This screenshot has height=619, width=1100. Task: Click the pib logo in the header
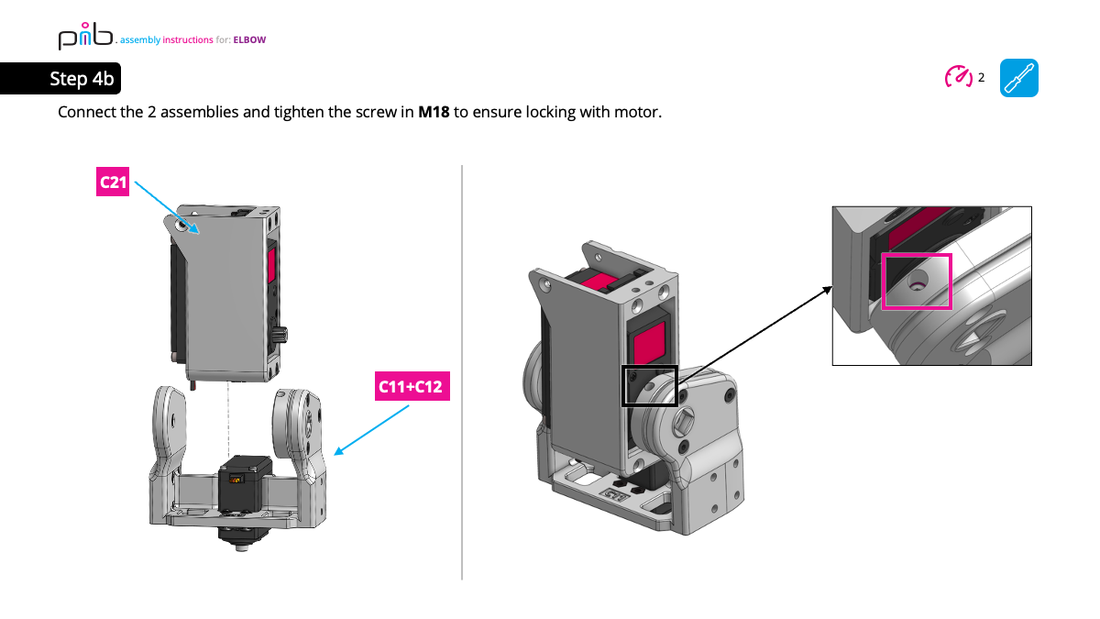(85, 38)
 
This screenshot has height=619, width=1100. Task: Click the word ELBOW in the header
(249, 40)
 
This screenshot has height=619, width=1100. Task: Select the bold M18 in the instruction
(434, 113)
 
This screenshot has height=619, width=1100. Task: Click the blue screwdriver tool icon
(1018, 78)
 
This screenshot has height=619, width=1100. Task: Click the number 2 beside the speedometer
(981, 78)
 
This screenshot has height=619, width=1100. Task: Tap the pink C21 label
(113, 182)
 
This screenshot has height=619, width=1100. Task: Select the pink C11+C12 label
(410, 387)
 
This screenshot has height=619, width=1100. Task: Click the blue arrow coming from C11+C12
(371, 429)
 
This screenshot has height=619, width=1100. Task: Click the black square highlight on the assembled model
(650, 386)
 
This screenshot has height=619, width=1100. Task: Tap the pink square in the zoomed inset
(917, 282)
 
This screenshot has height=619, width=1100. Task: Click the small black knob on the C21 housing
(282, 332)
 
